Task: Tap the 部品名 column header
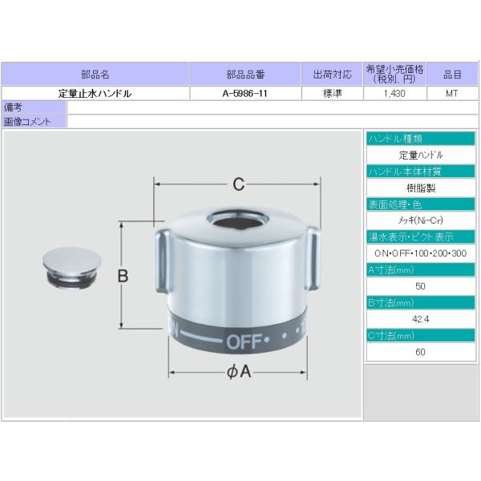95,75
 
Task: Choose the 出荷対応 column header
332,75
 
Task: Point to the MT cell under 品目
453,93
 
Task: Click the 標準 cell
332,93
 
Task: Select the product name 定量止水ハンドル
95,93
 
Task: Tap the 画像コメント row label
27,121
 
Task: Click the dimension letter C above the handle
238,184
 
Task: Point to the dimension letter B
123,276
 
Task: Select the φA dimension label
238,372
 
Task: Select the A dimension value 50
421,286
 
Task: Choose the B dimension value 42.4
421,319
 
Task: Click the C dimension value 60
421,352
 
